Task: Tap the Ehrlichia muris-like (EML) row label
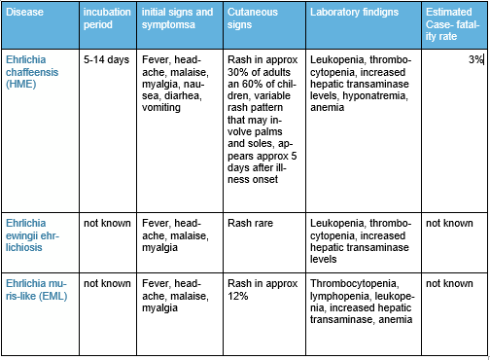[x=41, y=290]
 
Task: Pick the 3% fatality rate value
[x=473, y=60]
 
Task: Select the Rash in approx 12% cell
[x=258, y=289]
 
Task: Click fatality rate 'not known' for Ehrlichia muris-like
[x=449, y=283]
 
